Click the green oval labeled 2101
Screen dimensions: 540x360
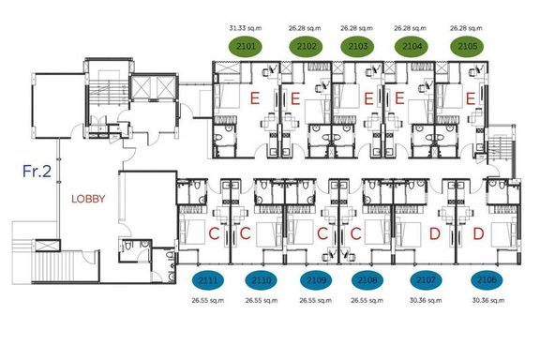(x=246, y=46)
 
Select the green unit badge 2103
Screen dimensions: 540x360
(x=357, y=46)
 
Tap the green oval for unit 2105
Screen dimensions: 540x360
(x=467, y=46)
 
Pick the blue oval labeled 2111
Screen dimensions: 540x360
(x=208, y=280)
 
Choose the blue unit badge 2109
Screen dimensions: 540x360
(x=316, y=280)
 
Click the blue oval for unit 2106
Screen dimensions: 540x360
(x=487, y=280)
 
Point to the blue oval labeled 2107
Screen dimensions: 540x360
(x=427, y=280)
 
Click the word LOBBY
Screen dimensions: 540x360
(x=88, y=199)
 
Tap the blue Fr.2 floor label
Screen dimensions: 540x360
(x=37, y=172)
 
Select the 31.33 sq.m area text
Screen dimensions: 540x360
(x=246, y=28)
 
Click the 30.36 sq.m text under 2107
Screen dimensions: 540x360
(x=426, y=300)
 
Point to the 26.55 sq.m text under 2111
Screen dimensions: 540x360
(x=208, y=300)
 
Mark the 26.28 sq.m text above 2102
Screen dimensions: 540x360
(x=305, y=28)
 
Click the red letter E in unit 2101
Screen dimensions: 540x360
(x=254, y=98)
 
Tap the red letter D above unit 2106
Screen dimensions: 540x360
(x=478, y=234)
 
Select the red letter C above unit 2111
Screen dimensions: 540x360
(x=214, y=234)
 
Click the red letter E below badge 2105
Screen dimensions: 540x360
(x=471, y=98)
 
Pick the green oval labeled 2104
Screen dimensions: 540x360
(x=412, y=46)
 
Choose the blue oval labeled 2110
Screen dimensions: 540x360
(x=262, y=280)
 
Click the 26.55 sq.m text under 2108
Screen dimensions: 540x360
(x=367, y=300)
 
